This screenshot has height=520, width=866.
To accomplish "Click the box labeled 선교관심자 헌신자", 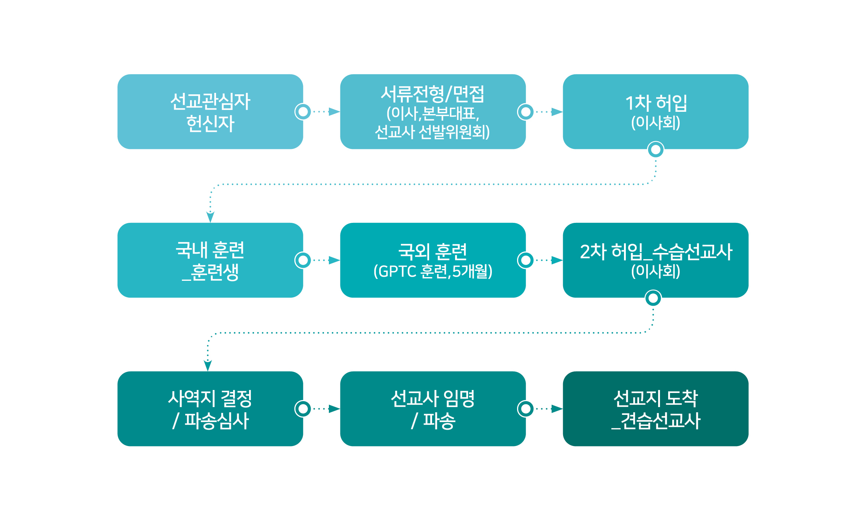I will tap(210, 112).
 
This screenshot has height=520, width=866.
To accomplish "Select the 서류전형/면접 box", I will tap(433, 112).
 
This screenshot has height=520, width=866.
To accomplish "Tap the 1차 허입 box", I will tap(656, 112).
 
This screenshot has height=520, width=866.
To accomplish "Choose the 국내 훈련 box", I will tap(210, 260).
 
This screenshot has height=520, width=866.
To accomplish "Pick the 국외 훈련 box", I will tap(433, 260).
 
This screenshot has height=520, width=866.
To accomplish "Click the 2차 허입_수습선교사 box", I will tap(656, 260).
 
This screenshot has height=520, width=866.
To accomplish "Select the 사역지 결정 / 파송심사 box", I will tap(210, 409).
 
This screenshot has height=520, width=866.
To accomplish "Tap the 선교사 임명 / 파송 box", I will tap(433, 409).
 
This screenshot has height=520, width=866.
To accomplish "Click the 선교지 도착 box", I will tap(656, 409).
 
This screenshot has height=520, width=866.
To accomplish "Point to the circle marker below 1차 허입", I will tap(656, 150).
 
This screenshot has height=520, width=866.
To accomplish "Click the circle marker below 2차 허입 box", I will tap(653, 298).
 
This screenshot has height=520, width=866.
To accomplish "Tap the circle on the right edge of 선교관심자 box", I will tap(303, 112).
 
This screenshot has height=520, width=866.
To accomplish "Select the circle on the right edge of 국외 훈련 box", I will tap(526, 260).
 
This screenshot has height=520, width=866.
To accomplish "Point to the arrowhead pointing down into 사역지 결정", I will tap(208, 366).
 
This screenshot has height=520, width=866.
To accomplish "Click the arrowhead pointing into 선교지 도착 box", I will tap(557, 409).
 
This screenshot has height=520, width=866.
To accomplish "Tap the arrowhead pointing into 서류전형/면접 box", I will tap(334, 112).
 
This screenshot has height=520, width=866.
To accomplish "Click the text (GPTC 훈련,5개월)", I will tap(433, 272).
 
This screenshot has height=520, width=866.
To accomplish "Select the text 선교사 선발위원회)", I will tap(432, 132).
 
